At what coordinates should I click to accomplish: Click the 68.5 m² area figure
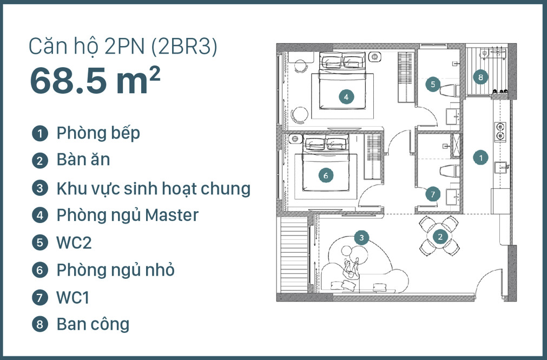[95, 81]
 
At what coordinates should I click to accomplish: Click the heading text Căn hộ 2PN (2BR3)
[123, 48]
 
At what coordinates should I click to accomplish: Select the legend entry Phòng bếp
[98, 133]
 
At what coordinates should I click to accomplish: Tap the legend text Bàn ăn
[83, 160]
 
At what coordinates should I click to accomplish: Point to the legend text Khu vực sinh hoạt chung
[153, 188]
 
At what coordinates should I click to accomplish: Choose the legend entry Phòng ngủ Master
[127, 215]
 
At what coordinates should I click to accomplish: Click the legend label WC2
[74, 243]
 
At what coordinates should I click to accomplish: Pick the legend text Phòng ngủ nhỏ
[115, 270]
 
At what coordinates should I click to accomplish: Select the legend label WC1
[73, 297]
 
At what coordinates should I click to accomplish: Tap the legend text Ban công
[93, 324]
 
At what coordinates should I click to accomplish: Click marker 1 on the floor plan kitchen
[480, 158]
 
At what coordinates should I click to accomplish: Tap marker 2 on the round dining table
[440, 237]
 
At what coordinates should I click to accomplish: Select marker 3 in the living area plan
[361, 237]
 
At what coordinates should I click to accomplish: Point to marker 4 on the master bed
[346, 97]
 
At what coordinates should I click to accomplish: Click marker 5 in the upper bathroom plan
[432, 84]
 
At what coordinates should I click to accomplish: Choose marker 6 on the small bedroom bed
[325, 175]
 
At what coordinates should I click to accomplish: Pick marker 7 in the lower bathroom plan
[432, 193]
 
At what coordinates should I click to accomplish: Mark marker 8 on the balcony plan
[480, 77]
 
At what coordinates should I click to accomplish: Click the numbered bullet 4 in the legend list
[39, 215]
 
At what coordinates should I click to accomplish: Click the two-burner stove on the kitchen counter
[500, 132]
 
